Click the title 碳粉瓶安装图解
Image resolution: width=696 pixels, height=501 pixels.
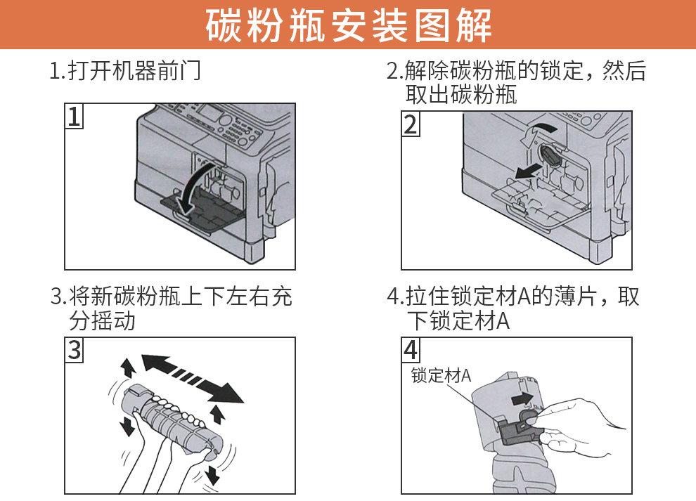pyautogui.click(x=348, y=25)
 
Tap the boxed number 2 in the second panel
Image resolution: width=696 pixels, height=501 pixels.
pyautogui.click(x=411, y=124)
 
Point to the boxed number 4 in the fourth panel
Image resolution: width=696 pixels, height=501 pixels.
pyautogui.click(x=411, y=349)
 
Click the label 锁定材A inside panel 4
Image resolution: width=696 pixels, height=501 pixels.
pyautogui.click(x=441, y=375)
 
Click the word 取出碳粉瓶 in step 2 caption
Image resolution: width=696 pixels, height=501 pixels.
pyautogui.click(x=461, y=94)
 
